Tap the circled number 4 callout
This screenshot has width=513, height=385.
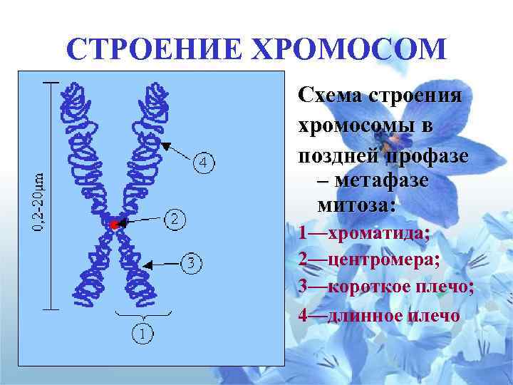(203, 163)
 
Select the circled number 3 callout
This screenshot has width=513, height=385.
(191, 264)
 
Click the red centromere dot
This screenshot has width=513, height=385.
(114, 225)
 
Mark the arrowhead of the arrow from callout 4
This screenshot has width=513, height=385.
(165, 145)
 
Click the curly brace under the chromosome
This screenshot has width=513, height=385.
(145, 314)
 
